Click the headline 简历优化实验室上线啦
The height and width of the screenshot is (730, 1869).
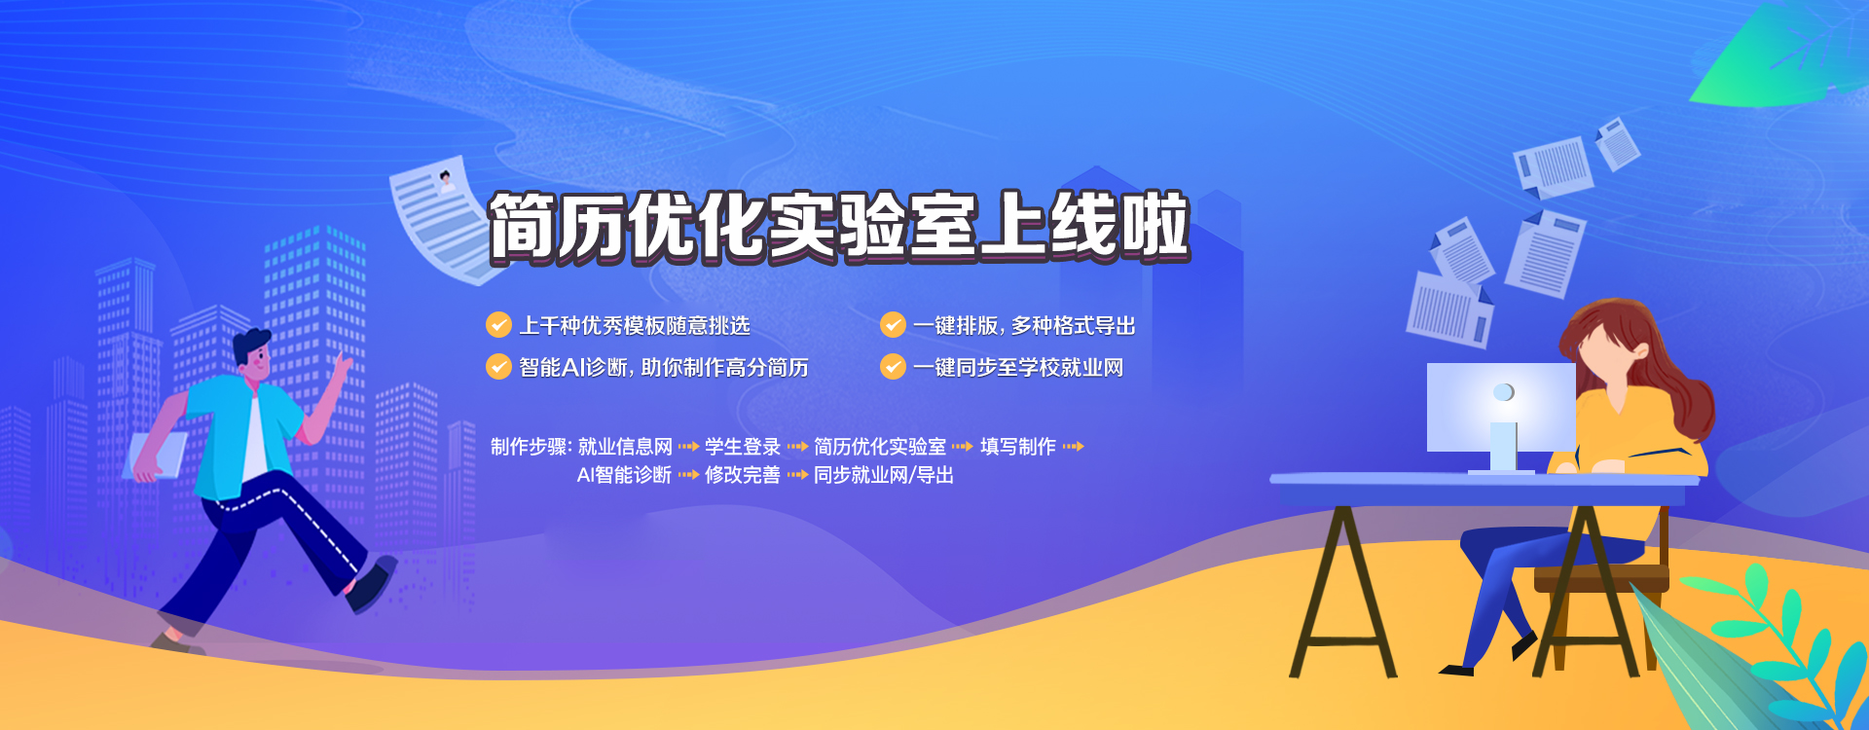coord(838,226)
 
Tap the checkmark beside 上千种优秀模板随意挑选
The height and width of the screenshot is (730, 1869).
coord(498,324)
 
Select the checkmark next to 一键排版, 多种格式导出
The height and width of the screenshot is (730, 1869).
coord(893,324)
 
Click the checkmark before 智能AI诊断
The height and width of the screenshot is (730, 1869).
coord(498,366)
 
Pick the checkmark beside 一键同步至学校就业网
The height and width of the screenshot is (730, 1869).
coord(893,366)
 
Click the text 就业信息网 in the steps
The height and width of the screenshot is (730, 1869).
coord(625,447)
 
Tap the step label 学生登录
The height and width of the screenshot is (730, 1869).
coord(743,447)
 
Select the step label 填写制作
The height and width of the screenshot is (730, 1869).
coord(1018,447)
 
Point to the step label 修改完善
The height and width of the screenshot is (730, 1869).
coord(743,475)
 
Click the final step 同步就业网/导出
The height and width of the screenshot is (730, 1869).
coord(884,475)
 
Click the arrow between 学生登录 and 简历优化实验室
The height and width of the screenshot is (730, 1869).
coord(797,447)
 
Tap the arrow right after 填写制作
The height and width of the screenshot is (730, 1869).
coord(1073,447)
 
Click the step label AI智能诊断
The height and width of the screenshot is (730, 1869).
coord(624,475)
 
